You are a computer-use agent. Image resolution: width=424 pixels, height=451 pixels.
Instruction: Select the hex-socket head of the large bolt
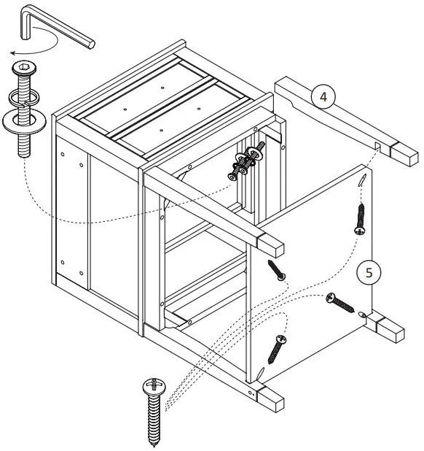(x=24, y=71)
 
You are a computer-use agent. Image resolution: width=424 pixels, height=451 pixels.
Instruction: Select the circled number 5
(x=369, y=272)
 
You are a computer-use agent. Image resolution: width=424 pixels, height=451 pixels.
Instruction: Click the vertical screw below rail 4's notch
(x=359, y=219)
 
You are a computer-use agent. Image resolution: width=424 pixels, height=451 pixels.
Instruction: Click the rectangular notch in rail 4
(x=378, y=147)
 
